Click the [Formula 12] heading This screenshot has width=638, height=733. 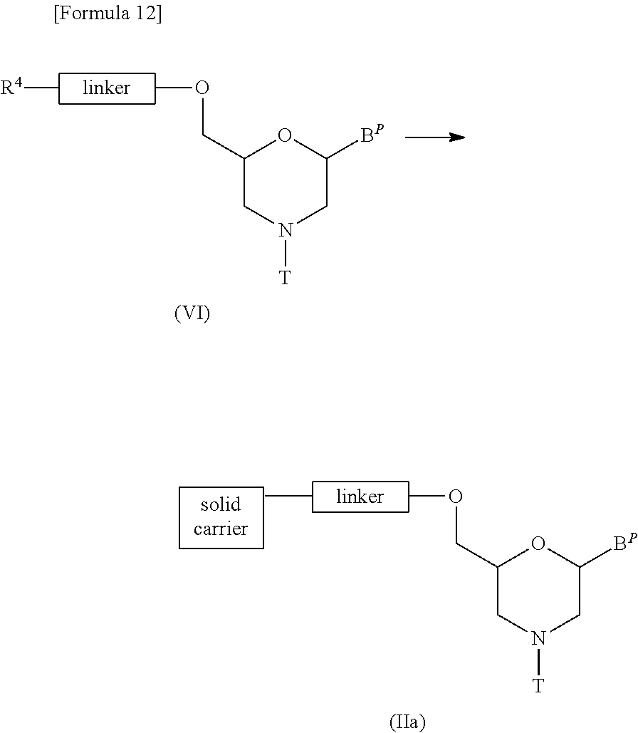(108, 13)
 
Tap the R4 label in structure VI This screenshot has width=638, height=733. (11, 86)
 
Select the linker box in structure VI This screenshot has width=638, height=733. (107, 88)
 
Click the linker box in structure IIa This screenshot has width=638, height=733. (360, 497)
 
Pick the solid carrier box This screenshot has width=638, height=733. (221, 517)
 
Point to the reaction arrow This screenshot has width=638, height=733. (435, 137)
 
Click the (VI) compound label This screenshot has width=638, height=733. (192, 313)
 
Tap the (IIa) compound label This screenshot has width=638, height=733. (407, 722)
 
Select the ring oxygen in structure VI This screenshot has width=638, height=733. (285, 135)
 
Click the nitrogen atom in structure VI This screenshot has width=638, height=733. (286, 230)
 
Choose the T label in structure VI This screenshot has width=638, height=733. (285, 277)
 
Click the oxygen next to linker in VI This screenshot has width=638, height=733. (202, 88)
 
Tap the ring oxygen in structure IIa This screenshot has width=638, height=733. (538, 544)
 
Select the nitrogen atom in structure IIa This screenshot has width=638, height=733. (539, 638)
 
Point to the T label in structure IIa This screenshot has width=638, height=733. (538, 685)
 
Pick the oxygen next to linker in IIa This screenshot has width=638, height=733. (456, 496)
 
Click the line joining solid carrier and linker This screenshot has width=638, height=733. (288, 496)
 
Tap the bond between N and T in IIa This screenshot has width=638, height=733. (539, 662)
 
